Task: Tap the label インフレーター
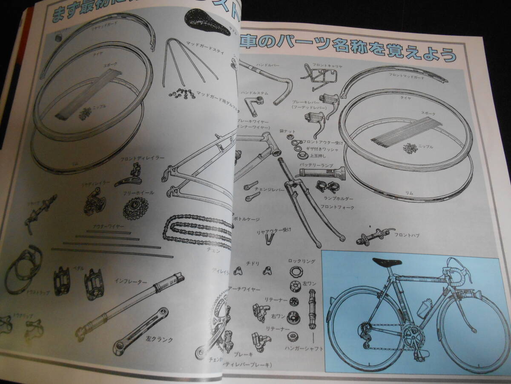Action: pyautogui.click(x=131, y=281)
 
